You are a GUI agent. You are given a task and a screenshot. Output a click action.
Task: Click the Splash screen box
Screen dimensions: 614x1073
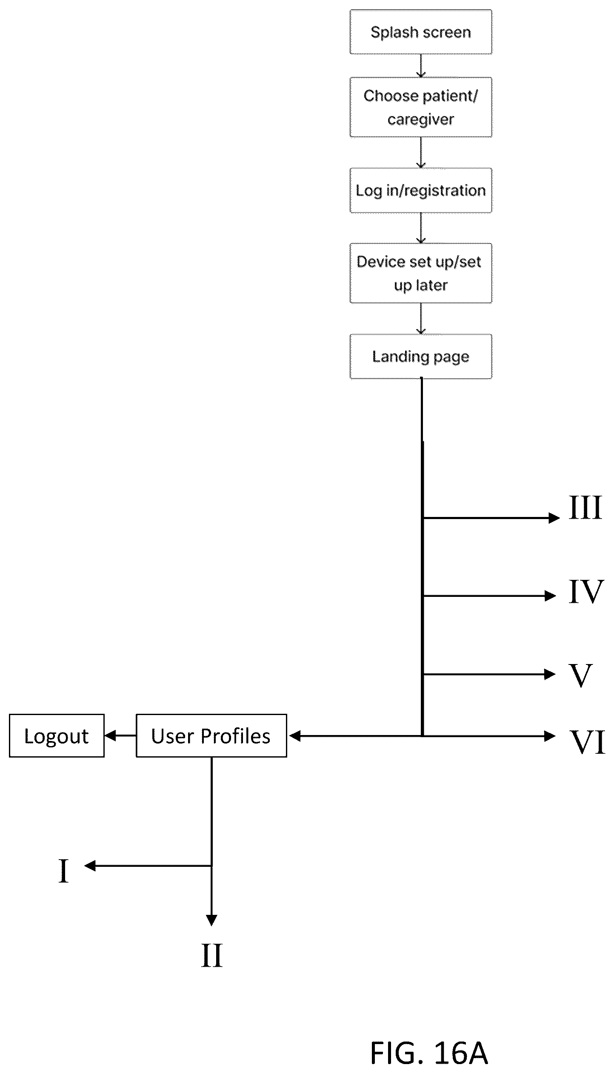[x=421, y=32]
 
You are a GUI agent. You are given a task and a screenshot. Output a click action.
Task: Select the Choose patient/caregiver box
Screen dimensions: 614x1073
[x=421, y=107]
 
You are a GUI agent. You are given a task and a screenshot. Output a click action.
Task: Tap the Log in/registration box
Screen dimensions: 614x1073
[x=421, y=190]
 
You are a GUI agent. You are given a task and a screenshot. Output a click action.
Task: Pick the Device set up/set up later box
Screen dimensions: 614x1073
[x=421, y=273]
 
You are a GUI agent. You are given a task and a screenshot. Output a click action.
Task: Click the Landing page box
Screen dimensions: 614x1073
[x=421, y=356]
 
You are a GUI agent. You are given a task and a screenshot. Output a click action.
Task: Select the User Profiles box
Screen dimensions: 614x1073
[x=211, y=735]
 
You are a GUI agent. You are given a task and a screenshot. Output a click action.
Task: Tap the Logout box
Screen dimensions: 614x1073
[x=57, y=735]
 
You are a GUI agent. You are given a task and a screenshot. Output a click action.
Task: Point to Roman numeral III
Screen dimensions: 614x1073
[x=585, y=507]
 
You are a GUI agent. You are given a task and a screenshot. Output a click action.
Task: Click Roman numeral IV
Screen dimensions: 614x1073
[x=586, y=591]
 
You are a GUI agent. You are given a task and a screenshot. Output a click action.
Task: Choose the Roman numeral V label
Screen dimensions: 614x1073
[x=581, y=676]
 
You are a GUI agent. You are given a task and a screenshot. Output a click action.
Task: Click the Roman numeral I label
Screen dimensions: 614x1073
[x=63, y=871]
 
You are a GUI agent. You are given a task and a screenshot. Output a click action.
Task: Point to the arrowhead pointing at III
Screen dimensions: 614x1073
[x=554, y=518]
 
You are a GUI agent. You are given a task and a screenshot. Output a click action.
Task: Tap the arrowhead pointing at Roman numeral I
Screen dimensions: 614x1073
[x=90, y=866]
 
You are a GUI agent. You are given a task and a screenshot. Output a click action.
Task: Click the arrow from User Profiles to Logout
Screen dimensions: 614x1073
[x=120, y=735]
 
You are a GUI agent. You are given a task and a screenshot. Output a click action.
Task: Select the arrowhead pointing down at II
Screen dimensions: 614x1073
[x=211, y=920]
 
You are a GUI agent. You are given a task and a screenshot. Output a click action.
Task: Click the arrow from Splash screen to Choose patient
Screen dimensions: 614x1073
[x=421, y=66]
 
